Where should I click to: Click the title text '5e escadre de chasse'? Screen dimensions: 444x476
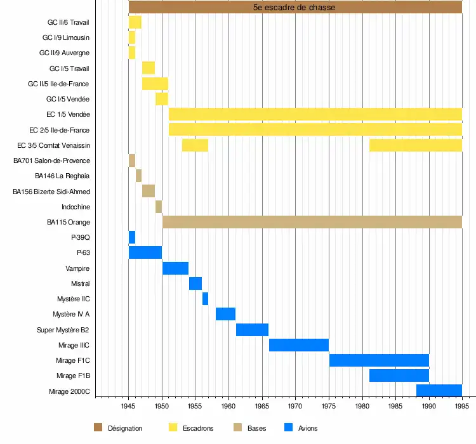coord(294,8)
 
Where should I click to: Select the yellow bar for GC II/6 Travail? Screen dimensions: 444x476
coord(135,23)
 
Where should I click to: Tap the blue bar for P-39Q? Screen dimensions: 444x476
coord(132,237)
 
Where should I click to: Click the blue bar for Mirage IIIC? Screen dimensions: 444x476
coord(299,345)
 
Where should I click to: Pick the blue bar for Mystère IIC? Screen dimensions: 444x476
coord(205,299)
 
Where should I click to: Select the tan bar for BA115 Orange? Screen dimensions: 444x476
coord(312,222)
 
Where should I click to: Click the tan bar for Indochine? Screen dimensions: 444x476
coord(159,207)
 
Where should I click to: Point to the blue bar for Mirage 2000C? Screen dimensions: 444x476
coord(439,391)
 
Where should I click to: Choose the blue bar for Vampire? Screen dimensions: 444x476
coord(175,268)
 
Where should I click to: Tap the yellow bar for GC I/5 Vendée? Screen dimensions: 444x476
coord(162,99)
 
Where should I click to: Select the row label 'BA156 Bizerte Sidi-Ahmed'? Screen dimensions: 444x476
coord(51,192)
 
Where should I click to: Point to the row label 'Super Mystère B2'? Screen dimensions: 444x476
coord(63,330)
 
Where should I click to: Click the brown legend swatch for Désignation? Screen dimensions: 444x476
coord(98,428)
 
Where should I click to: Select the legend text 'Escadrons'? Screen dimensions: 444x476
coord(198,428)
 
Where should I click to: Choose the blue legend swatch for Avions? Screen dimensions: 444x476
coord(289,428)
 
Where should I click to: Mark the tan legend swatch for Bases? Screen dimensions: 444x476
coord(238,428)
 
